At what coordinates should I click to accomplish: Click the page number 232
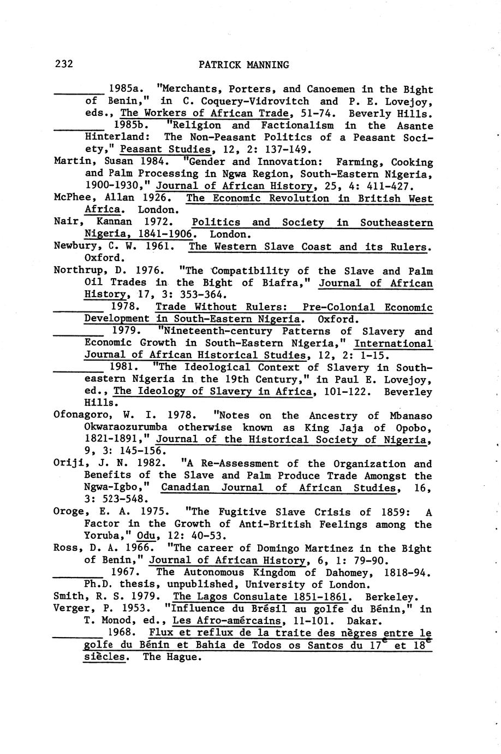tap(64, 64)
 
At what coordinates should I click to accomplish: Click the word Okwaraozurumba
tap(126, 428)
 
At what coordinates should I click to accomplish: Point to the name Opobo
tap(415, 428)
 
